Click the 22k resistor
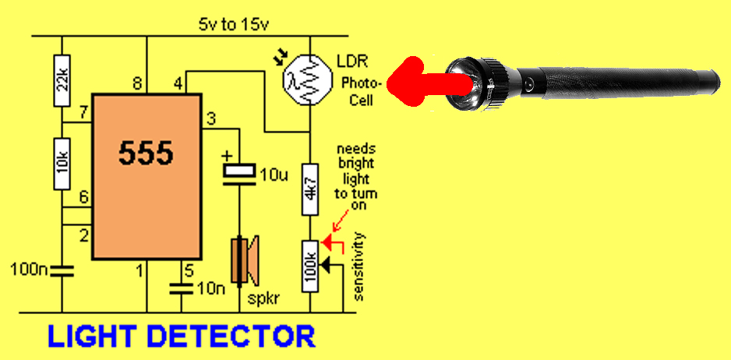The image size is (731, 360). (x=61, y=79)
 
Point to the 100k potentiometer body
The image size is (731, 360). (x=309, y=266)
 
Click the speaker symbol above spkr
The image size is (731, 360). (x=244, y=260)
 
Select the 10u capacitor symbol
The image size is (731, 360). (x=240, y=170)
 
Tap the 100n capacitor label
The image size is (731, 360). (x=29, y=271)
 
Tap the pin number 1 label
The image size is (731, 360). (x=138, y=271)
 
